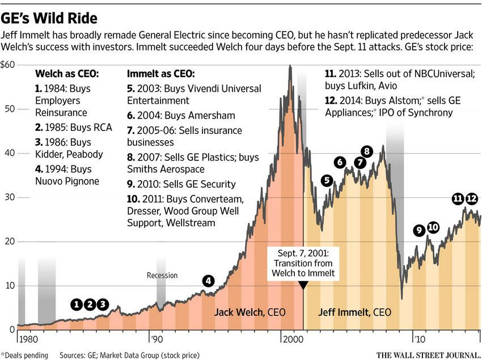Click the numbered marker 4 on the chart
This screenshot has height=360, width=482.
209,281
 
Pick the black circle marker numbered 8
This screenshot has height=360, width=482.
367,151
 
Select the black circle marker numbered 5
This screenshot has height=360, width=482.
327,181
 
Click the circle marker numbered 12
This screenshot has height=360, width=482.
472,198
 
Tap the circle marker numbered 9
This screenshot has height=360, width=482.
419,230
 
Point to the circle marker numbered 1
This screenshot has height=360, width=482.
77,304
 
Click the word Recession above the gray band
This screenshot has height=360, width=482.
162,276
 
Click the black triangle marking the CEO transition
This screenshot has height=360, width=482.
303,286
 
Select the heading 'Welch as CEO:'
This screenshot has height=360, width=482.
67,74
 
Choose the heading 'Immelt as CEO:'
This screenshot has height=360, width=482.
160,74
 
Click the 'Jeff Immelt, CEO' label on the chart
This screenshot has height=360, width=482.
354,312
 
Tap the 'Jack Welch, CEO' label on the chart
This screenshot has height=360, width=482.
250,312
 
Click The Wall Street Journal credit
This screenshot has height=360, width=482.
429,355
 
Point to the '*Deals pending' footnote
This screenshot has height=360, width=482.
25,355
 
